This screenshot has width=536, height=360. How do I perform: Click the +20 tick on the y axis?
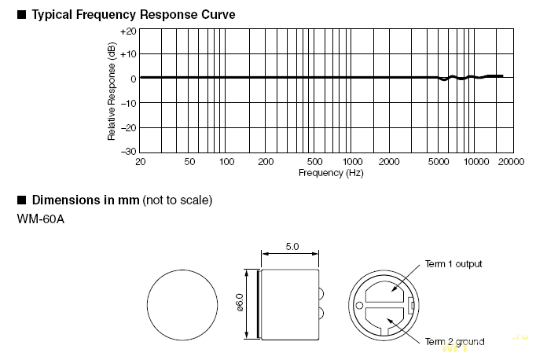[128, 31]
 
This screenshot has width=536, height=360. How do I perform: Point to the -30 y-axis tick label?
[128, 151]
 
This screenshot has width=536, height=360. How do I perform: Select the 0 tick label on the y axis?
[133, 79]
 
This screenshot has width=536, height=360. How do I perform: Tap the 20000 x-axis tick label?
[511, 162]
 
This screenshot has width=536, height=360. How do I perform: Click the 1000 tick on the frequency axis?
[352, 162]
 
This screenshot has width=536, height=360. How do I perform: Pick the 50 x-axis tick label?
[189, 162]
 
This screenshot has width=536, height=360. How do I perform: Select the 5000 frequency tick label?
[438, 162]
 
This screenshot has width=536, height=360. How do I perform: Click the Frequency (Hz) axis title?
[331, 172]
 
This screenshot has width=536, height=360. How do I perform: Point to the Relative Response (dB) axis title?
[112, 92]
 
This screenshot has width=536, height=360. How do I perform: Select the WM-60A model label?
[40, 218]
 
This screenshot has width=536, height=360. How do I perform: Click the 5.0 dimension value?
[291, 246]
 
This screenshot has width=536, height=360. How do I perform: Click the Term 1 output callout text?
[453, 263]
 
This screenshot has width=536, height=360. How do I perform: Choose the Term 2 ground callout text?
[454, 341]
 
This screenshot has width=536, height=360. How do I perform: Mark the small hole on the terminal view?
[359, 305]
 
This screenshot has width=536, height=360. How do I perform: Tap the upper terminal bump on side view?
[322, 294]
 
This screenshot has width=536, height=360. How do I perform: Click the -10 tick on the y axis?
[128, 103]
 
